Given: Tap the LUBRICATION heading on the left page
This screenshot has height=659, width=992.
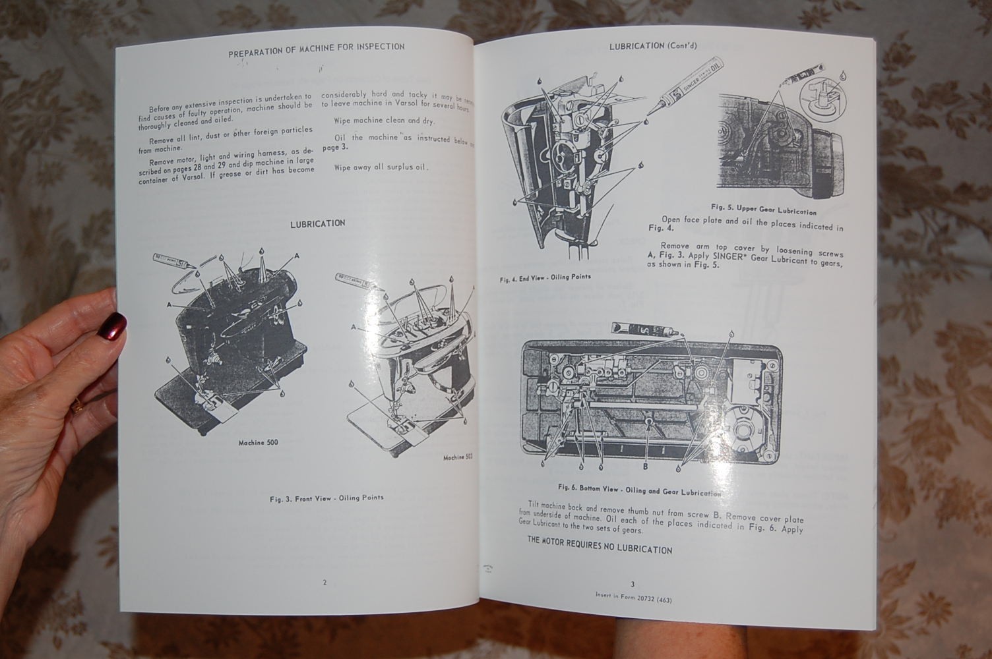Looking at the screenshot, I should click(317, 223).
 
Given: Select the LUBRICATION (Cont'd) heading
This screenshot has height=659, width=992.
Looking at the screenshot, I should click(652, 45).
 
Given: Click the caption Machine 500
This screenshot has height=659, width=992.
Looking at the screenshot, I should click(258, 442).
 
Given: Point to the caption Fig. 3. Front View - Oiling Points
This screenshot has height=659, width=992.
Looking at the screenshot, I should click(326, 498).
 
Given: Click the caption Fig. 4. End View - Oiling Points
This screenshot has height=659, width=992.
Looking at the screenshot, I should click(545, 277).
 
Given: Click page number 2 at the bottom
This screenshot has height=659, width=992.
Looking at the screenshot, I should click(324, 583).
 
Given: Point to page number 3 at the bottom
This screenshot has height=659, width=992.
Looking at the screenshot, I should click(632, 584).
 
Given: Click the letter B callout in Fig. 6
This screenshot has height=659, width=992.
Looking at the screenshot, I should click(645, 467).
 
